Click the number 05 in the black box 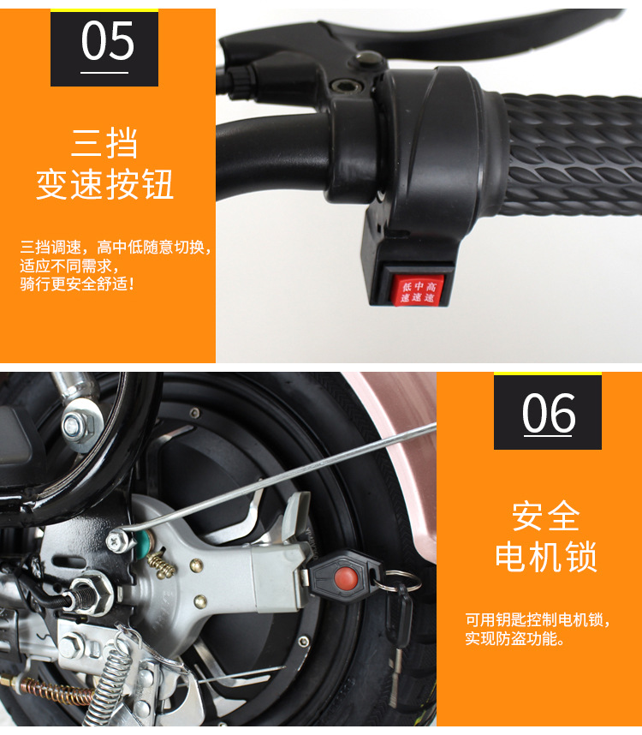coord(108,41)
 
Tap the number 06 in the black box coord(549,413)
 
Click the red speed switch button coord(417,290)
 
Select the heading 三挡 coord(104,142)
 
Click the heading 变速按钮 coord(105,183)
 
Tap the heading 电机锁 coord(546,557)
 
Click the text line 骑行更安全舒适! coord(77,284)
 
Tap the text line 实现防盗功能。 coord(514,638)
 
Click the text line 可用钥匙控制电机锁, coord(538,619)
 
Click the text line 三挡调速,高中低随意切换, coord(116,247)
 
